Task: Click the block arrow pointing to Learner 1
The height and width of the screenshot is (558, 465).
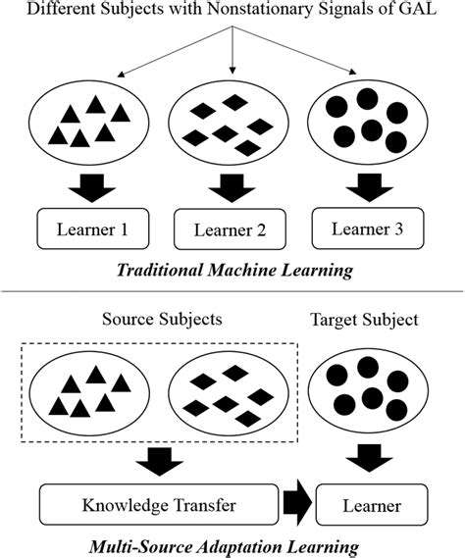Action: (91, 186)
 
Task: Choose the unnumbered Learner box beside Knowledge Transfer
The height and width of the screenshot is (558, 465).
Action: (371, 506)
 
